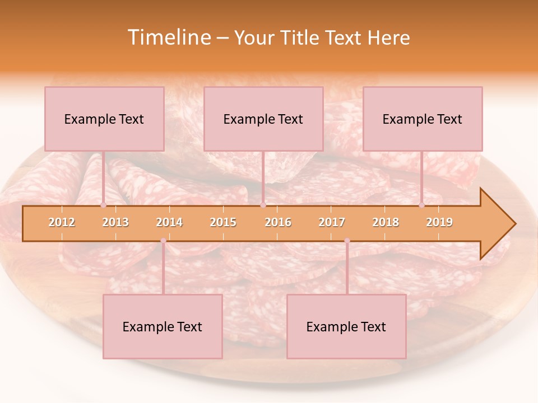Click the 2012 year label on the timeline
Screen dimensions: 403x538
62,222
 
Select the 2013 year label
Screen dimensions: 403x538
115,222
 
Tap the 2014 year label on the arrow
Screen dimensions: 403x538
169,222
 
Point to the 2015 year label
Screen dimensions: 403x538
223,222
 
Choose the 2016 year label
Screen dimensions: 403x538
278,222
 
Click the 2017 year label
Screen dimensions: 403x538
332,222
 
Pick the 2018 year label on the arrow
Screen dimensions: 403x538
386,222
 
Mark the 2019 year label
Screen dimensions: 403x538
439,222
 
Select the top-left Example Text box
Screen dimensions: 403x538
104,119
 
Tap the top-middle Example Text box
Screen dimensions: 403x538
263,119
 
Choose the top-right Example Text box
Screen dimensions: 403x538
423,119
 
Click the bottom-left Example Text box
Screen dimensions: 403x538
163,327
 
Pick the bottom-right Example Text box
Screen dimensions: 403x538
346,327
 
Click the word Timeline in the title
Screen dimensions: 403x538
168,38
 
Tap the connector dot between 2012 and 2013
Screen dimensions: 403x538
104,205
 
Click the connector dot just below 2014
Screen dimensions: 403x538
163,241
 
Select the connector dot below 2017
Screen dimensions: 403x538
347,241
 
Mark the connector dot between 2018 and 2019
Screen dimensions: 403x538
422,205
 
